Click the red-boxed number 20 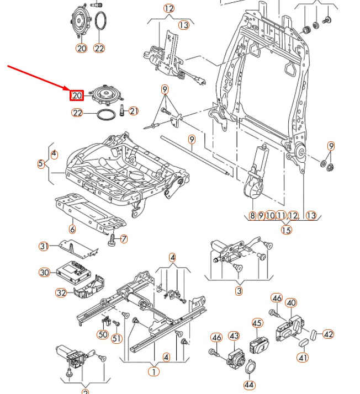[x=76, y=95]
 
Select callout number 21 [x=134, y=111]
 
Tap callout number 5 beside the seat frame [x=41, y=164]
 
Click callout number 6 [x=72, y=229]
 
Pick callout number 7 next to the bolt [x=124, y=239]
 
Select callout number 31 [x=44, y=246]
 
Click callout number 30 [x=44, y=272]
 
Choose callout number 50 [x=102, y=334]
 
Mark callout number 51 [x=117, y=338]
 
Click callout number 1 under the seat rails [x=153, y=371]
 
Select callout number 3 [x=239, y=291]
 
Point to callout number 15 [x=285, y=230]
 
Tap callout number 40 [x=291, y=302]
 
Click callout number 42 [x=329, y=334]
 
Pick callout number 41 [x=303, y=358]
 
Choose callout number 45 [x=257, y=323]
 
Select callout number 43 [x=234, y=336]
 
